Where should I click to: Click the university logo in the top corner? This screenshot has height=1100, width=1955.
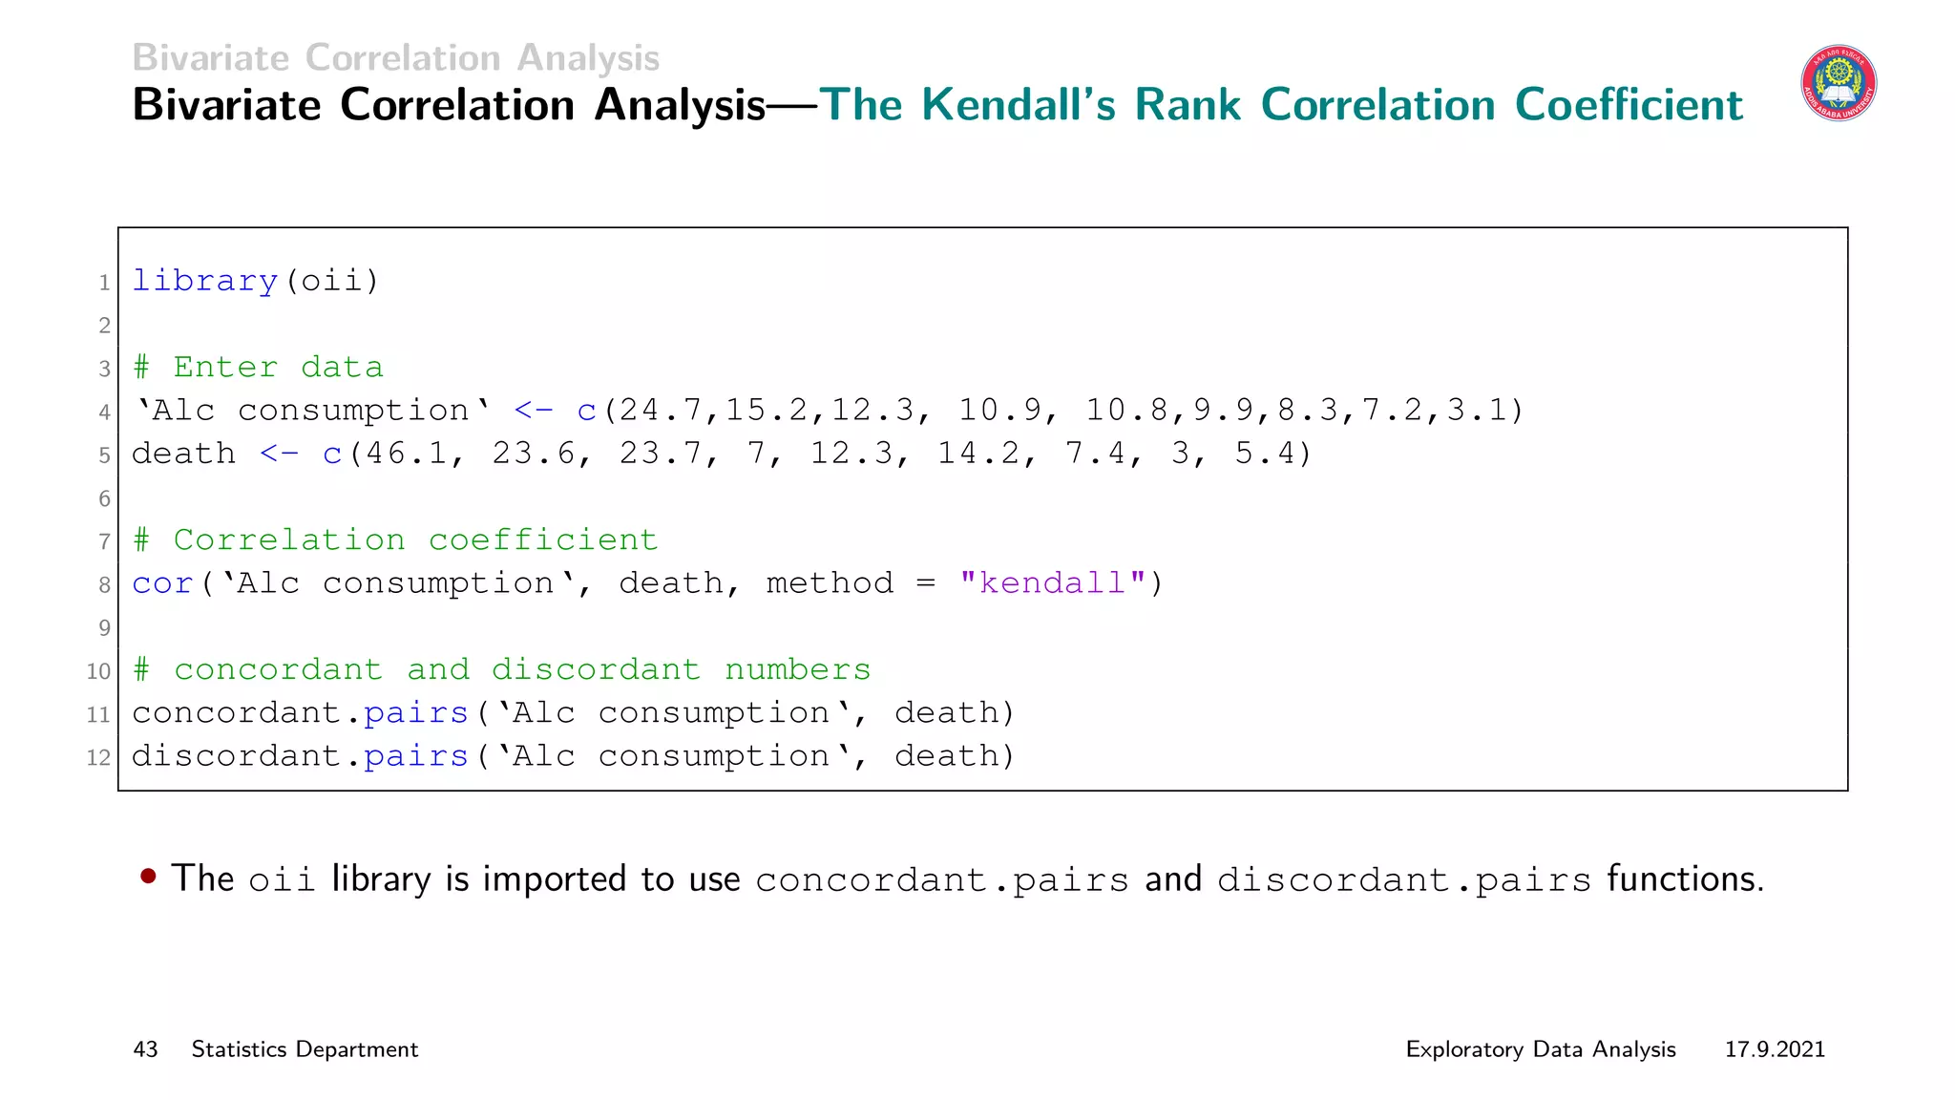[x=1838, y=84]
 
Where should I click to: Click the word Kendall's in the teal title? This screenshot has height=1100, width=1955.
[x=1018, y=105]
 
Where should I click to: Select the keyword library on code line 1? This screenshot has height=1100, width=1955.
[x=204, y=281]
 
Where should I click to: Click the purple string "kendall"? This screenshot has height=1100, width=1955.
[x=1053, y=583]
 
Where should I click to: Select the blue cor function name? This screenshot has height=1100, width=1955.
[x=162, y=583]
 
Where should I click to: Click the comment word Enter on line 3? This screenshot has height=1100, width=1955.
[x=226, y=368]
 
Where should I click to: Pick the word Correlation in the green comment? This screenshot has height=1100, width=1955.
[x=289, y=540]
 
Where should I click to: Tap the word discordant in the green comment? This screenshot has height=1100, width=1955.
[x=596, y=670]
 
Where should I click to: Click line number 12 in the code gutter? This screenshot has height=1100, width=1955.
[x=98, y=758]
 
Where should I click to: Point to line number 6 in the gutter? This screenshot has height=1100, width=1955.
[x=104, y=498]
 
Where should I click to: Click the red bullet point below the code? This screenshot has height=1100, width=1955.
[x=148, y=876]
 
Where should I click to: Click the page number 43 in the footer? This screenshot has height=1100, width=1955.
[x=145, y=1049]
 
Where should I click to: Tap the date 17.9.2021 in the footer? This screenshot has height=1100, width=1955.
[x=1775, y=1049]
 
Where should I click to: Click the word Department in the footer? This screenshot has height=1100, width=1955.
[x=357, y=1049]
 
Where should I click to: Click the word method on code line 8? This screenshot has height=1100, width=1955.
[x=830, y=583]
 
